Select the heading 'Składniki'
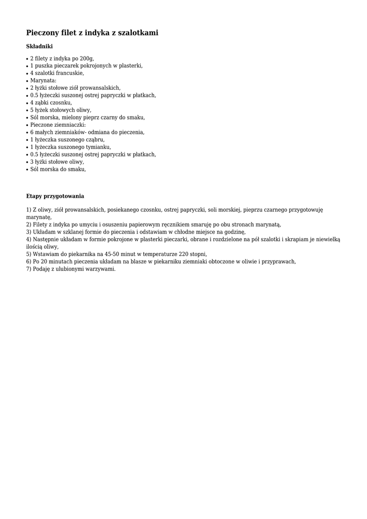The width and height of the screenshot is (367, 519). click(39, 47)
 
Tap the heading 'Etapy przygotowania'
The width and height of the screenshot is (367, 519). click(55, 196)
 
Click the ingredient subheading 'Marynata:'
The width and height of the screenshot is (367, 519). click(43, 81)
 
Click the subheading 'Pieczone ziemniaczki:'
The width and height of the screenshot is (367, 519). click(58, 125)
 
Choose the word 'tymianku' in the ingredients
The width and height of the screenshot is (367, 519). click(98, 147)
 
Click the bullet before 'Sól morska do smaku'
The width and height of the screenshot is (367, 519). click(27, 170)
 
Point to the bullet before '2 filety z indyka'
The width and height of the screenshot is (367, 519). click(27, 59)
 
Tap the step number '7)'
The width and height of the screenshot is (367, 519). click(29, 269)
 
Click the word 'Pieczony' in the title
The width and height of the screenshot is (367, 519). click(42, 33)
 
